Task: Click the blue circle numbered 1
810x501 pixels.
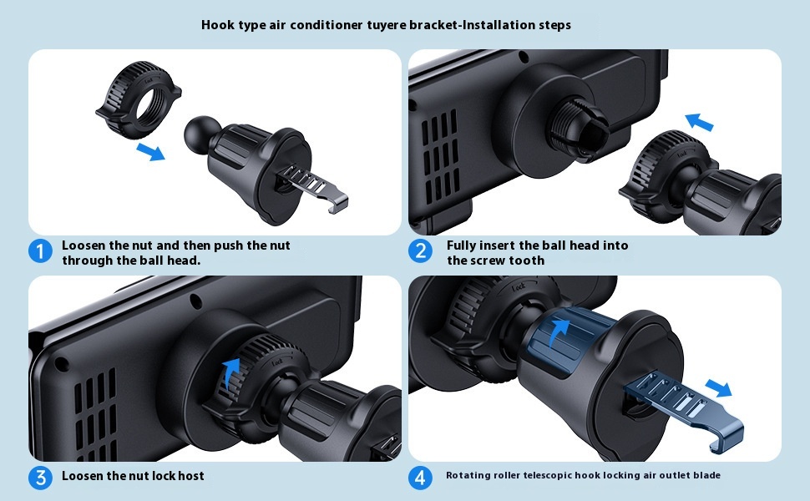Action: click(x=40, y=251)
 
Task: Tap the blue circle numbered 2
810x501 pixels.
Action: click(x=421, y=251)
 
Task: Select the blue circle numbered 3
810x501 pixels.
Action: click(x=40, y=478)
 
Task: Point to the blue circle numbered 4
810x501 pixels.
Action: click(x=421, y=478)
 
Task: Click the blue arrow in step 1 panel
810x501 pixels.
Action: click(x=150, y=152)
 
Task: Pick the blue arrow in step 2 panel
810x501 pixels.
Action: click(x=699, y=122)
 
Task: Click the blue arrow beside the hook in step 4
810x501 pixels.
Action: click(x=719, y=388)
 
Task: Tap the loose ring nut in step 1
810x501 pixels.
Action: click(x=138, y=99)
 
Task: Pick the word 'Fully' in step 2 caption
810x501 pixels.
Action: click(x=462, y=245)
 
